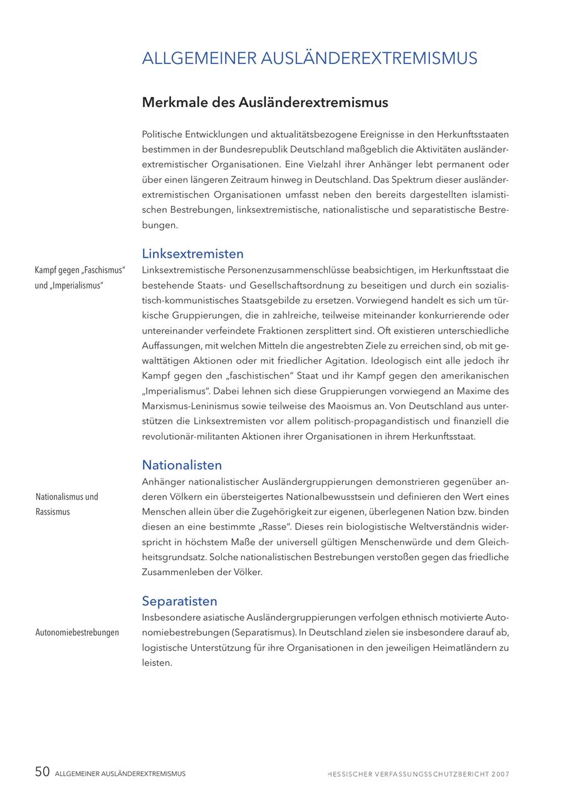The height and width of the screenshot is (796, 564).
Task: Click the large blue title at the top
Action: tap(310, 59)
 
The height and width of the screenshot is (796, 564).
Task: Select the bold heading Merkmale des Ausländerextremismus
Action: tap(265, 103)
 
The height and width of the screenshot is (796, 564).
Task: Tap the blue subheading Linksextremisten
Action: tap(192, 254)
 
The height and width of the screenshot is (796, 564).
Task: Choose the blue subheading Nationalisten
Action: tap(182, 465)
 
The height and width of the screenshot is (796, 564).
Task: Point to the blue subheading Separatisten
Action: tap(179, 601)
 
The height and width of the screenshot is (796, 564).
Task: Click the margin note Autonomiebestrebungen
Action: tap(77, 633)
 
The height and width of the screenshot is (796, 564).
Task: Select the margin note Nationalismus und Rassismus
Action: tap(66, 504)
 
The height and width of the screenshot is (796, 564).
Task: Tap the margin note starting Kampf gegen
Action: tap(80, 278)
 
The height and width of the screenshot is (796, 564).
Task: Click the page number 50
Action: tap(42, 772)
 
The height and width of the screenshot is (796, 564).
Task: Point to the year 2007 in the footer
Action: tap(500, 774)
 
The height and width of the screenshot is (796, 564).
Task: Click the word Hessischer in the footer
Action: tap(350, 774)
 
